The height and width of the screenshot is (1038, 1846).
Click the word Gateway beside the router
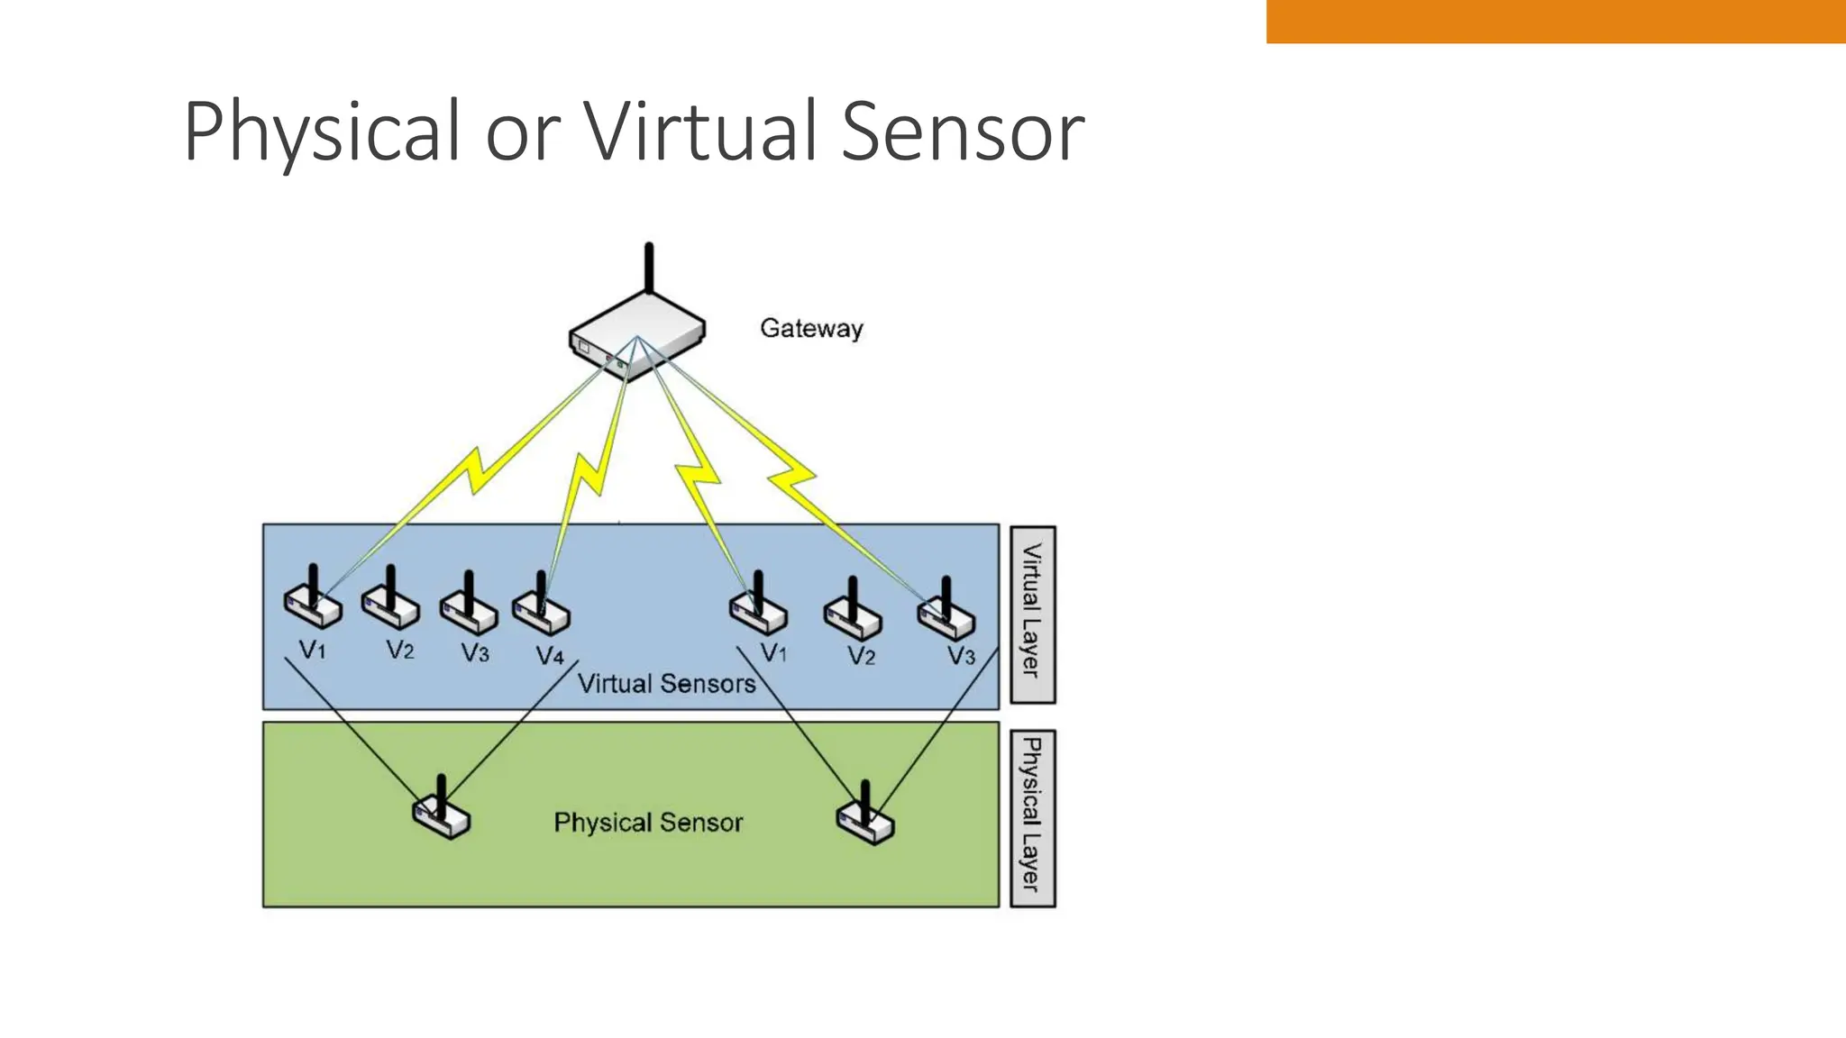[811, 329]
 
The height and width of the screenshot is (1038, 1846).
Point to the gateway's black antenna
[648, 268]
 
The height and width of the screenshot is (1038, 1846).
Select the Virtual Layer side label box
[1032, 615]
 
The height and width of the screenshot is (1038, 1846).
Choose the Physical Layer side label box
[1032, 817]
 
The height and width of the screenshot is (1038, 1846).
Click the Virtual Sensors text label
[666, 684]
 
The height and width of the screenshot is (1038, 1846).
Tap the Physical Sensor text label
[648, 823]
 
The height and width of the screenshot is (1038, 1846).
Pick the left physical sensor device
[442, 813]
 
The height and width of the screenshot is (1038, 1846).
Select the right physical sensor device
[865, 817]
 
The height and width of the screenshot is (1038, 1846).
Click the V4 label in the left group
[550, 655]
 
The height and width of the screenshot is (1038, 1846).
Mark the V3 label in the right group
[961, 655]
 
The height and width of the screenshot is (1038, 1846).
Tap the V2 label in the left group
[400, 650]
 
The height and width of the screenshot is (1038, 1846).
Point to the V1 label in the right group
[773, 652]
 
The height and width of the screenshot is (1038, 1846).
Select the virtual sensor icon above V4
[541, 607]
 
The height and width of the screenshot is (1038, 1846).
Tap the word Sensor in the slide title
[962, 132]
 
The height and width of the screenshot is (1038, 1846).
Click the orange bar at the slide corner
[1555, 21]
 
